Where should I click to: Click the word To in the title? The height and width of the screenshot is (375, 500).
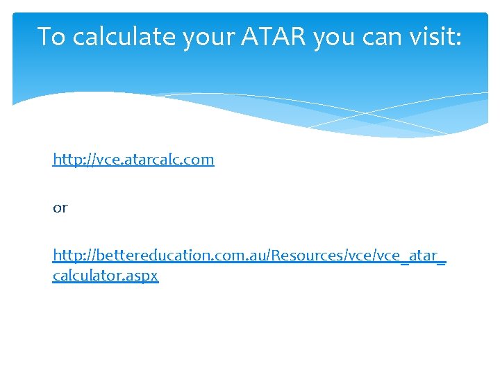(x=52, y=36)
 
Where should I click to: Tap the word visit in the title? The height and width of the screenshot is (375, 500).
(x=433, y=35)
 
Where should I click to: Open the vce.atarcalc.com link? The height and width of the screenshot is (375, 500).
(x=133, y=160)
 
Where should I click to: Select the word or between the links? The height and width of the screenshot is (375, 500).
(x=60, y=208)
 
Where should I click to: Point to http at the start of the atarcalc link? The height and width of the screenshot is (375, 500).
(x=67, y=159)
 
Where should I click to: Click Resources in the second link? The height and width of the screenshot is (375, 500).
(x=305, y=256)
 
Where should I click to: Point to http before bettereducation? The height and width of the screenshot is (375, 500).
(x=67, y=255)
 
